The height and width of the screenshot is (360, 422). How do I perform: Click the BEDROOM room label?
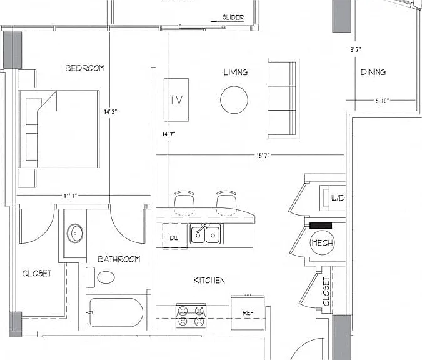coord(85,68)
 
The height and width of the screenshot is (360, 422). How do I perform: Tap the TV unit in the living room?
coord(176,100)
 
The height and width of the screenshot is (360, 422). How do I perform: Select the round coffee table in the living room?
coord(234,100)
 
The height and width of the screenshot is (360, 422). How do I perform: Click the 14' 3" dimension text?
coord(110,111)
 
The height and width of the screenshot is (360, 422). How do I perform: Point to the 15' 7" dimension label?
coord(263,155)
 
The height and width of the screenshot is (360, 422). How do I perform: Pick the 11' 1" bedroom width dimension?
coord(70,196)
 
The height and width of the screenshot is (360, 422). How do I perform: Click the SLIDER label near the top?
coord(233,17)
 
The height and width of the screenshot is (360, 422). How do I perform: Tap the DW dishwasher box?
coord(174,236)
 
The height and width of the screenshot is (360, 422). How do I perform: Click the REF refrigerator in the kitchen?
coord(248,312)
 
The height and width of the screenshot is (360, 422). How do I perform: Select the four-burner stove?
coord(191,317)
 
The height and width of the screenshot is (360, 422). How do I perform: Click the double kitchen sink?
coord(205,234)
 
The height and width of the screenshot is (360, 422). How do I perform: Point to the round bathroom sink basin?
coord(75,233)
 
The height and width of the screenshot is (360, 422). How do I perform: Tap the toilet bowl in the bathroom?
coord(106,277)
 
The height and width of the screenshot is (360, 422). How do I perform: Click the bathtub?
coord(116,312)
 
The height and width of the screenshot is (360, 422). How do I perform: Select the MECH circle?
coord(322,243)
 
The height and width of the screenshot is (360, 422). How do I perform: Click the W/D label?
coord(338,198)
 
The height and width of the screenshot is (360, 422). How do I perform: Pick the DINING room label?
coord(373,72)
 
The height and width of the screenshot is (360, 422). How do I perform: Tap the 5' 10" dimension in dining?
coord(382,101)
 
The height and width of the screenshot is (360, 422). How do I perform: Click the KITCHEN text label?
coord(209,281)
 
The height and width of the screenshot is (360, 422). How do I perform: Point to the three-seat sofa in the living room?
coord(284,98)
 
